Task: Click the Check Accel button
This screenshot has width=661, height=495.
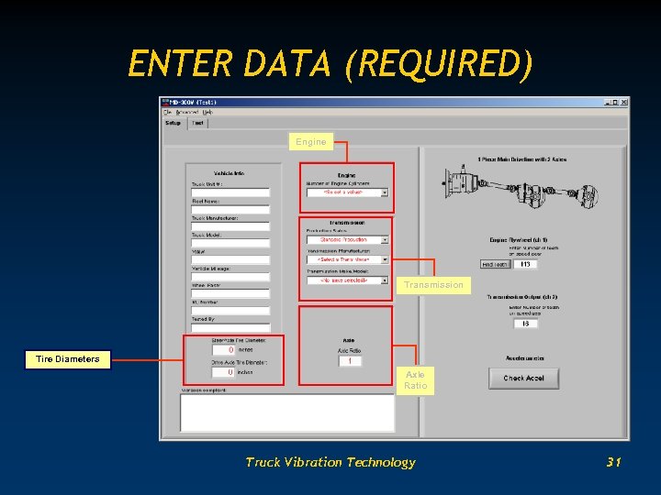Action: [x=523, y=378]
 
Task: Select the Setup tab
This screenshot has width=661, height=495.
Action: [x=173, y=123]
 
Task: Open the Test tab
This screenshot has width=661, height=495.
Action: [x=197, y=123]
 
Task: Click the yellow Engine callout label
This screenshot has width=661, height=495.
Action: [x=311, y=142]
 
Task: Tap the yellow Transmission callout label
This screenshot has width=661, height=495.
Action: [x=434, y=285]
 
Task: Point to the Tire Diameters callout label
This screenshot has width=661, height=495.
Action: [x=68, y=358]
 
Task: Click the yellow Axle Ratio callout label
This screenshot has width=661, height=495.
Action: [x=416, y=380]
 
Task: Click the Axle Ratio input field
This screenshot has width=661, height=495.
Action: [x=349, y=361]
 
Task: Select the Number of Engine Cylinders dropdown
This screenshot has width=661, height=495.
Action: [x=348, y=192]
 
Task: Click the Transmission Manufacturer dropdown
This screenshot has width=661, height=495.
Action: [x=348, y=259]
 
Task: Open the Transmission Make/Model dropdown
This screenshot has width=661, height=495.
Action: [x=348, y=280]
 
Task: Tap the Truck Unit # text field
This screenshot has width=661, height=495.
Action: [x=230, y=192]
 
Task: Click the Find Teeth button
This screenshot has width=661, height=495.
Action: [x=495, y=264]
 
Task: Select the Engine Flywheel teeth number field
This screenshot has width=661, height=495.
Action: [x=525, y=264]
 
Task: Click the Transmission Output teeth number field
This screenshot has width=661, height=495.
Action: [x=525, y=323]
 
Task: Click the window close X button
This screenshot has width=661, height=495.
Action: [x=622, y=102]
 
